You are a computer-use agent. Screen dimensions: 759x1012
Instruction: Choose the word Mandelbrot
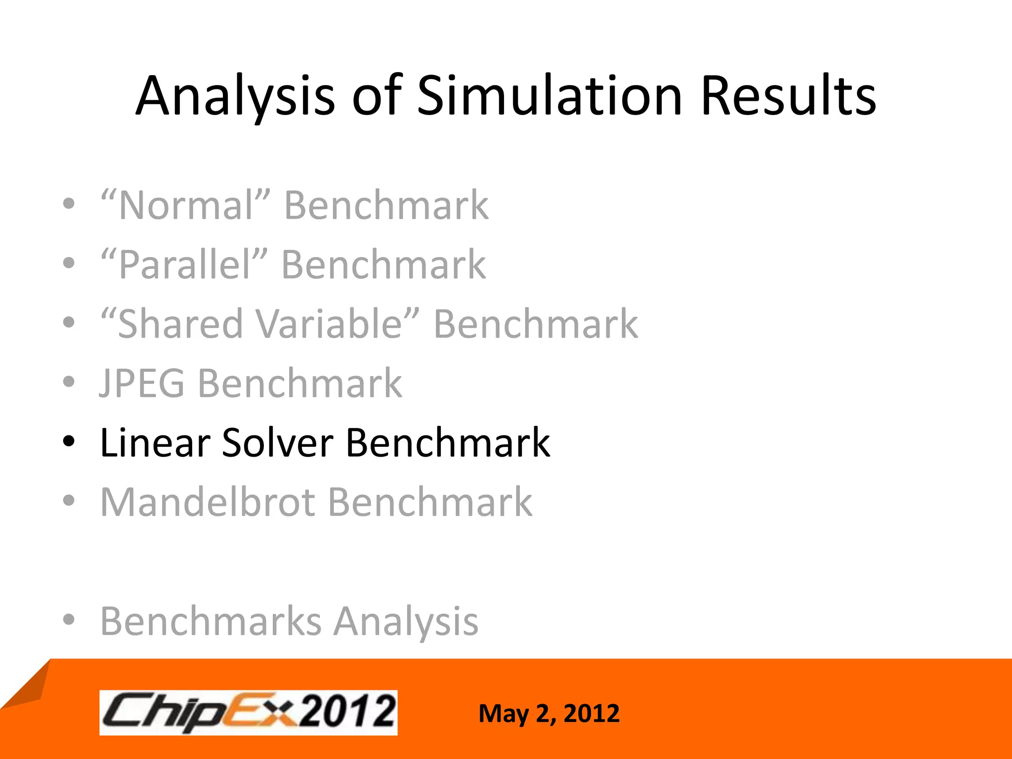pyautogui.click(x=208, y=502)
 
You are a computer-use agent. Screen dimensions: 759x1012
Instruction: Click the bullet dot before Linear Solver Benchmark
pyautogui.click(x=69, y=440)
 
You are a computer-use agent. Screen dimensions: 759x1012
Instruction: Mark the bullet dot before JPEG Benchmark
pyautogui.click(x=69, y=381)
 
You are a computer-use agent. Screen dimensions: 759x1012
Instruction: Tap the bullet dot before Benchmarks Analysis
pyautogui.click(x=69, y=619)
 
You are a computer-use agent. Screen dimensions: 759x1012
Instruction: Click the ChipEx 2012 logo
pyautogui.click(x=248, y=713)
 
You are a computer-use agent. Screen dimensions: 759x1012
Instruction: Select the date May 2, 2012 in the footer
pyautogui.click(x=548, y=714)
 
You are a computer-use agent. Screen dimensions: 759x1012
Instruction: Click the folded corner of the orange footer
pyautogui.click(x=27, y=684)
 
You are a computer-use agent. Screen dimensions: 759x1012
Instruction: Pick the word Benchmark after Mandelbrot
pyautogui.click(x=430, y=502)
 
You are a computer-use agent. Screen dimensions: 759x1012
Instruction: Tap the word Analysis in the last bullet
pyautogui.click(x=406, y=621)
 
